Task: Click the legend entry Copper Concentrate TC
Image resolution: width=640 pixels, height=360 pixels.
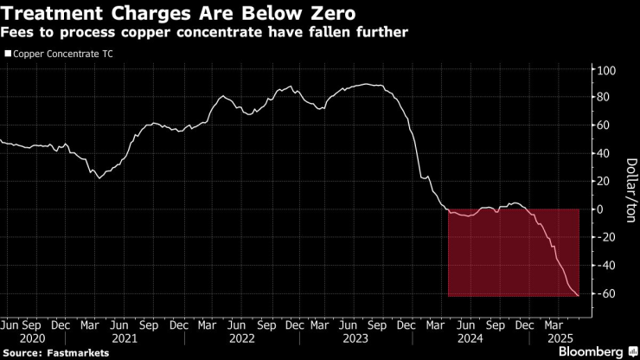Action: [61, 54]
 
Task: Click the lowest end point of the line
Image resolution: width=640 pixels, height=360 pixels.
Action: [578, 296]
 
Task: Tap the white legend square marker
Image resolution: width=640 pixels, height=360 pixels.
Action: [8, 54]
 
